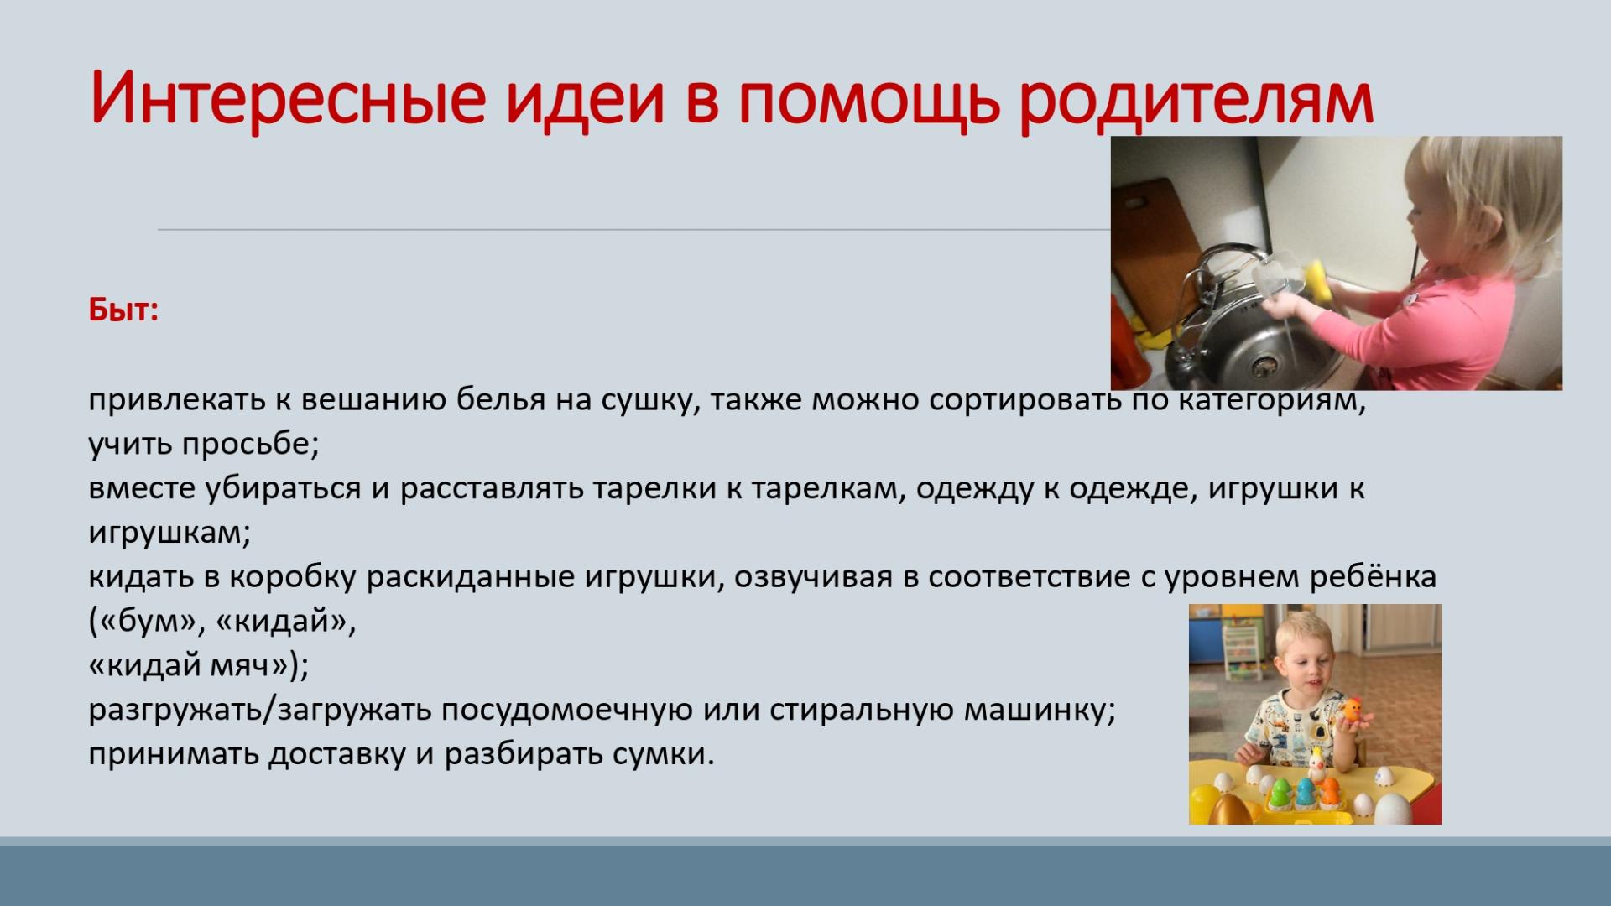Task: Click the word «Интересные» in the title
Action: tap(289, 97)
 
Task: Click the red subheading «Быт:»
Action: tap(123, 310)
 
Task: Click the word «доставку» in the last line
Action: tap(347, 754)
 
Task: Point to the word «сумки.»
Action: tap(663, 754)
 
